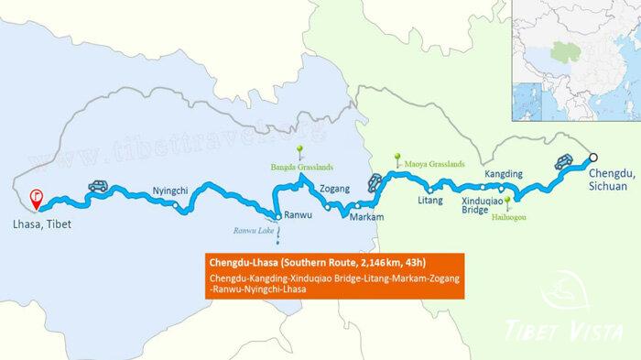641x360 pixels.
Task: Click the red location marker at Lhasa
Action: click(x=35, y=194)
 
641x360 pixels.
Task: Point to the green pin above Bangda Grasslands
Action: click(x=299, y=151)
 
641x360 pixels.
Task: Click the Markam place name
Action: click(x=364, y=219)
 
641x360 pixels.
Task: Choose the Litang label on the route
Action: click(x=429, y=199)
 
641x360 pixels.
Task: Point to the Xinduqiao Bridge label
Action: click(x=482, y=204)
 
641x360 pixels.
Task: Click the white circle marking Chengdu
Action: click(x=592, y=156)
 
